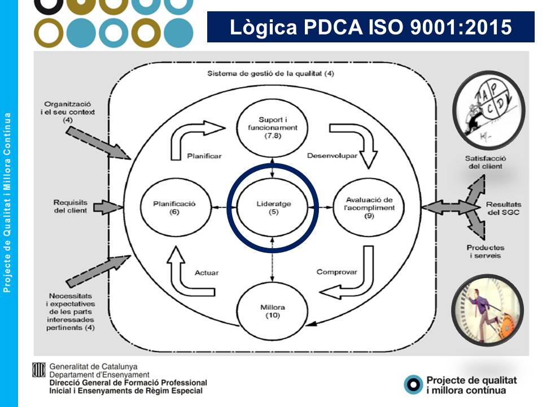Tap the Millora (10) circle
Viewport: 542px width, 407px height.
(273, 311)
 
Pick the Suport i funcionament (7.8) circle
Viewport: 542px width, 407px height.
(273, 128)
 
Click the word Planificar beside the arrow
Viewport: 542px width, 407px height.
(204, 155)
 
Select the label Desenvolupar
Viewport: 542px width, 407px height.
(332, 155)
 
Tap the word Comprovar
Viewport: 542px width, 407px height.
(337, 272)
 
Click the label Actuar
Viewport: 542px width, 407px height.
(207, 272)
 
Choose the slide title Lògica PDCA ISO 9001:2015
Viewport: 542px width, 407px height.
(371, 27)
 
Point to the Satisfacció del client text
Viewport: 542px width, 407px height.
(484, 162)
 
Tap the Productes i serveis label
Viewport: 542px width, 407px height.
(486, 252)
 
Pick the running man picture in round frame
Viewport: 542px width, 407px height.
(488, 311)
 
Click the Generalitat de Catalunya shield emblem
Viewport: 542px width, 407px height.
(38, 370)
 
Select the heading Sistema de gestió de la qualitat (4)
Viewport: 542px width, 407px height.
(269, 73)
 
